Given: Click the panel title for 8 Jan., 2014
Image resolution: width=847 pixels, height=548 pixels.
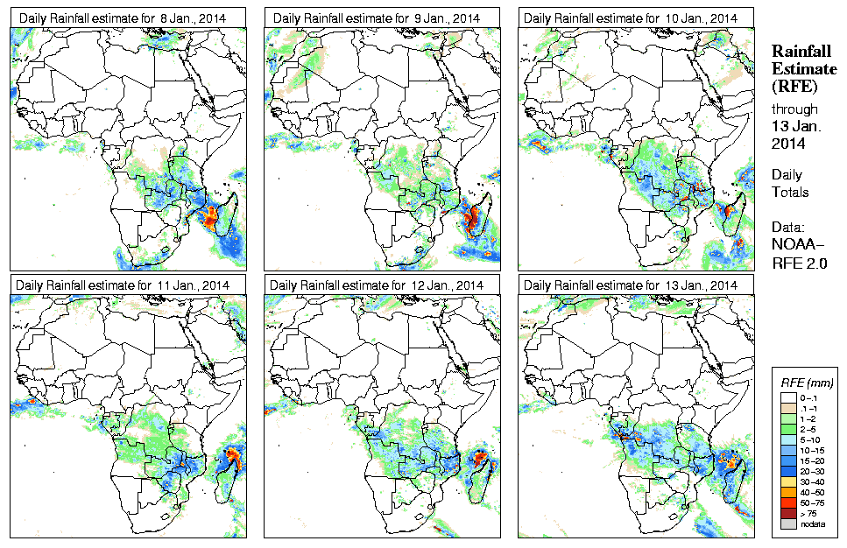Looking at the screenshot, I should tap(124, 18).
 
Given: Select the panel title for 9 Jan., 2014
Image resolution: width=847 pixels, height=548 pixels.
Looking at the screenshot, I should tap(378, 18).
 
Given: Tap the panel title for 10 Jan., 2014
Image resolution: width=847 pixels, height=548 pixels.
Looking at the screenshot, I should tap(632, 18).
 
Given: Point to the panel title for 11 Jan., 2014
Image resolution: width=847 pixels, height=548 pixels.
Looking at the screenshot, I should tap(124, 285).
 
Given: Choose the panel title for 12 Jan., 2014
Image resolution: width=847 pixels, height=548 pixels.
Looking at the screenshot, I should tap(378, 285).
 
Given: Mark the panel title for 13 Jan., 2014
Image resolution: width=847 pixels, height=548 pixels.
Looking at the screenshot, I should tap(632, 285).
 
